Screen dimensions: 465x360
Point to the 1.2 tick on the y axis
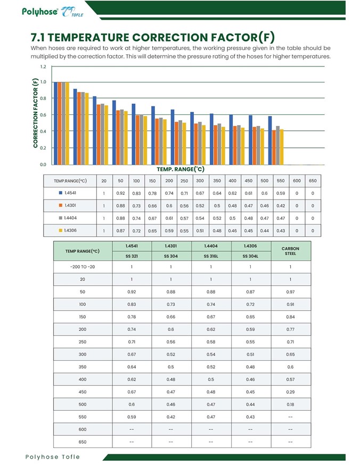43,67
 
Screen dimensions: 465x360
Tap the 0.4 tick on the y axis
43,131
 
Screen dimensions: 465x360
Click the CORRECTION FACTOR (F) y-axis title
35,113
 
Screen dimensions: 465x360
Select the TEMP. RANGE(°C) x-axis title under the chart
180,169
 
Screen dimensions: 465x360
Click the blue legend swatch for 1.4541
60,193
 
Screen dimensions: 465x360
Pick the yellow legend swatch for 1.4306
60,230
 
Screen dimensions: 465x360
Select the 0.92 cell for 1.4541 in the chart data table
120,193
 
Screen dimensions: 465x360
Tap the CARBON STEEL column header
290,251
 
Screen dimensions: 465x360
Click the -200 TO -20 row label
82,267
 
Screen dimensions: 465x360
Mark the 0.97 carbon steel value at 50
290,292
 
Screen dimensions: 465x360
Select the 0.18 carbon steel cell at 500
290,405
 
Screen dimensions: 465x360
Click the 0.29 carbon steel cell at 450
290,392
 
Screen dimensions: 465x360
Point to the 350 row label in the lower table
82,367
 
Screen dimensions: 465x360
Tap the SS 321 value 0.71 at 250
131,342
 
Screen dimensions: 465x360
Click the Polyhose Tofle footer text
52,456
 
